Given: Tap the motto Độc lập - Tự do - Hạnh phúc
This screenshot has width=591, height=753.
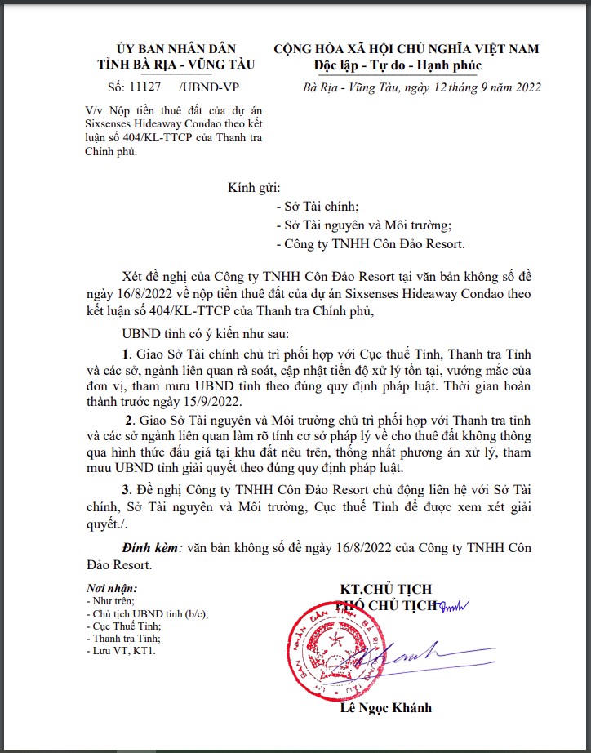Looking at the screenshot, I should [x=398, y=65].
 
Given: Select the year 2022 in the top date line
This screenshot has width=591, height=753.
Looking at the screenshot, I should [x=523, y=87].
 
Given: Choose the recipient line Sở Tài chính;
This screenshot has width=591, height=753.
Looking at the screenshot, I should [x=318, y=207].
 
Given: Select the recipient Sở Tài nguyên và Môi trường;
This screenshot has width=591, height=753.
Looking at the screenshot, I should [x=363, y=225].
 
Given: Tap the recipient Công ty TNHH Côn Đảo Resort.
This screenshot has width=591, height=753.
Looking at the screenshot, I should [x=371, y=244].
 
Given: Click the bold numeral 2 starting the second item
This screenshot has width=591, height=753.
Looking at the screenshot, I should [x=129, y=420].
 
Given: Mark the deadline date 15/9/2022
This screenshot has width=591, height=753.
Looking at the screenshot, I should [x=202, y=401].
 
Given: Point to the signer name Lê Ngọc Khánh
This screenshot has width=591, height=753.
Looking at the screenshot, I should [x=385, y=707].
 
